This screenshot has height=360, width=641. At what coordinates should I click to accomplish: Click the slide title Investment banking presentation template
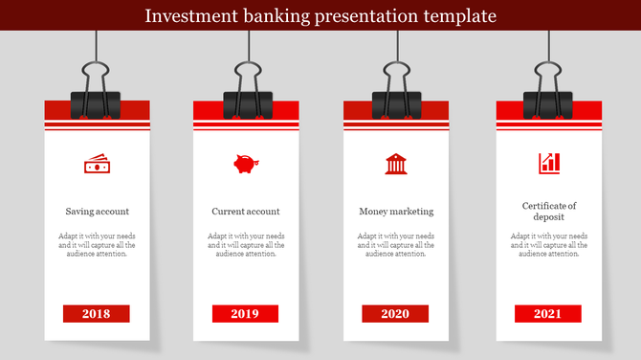[320, 16]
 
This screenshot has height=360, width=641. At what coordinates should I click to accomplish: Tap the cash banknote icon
[98, 165]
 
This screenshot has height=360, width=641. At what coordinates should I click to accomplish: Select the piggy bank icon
[246, 164]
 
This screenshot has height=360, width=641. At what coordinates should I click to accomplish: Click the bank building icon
[395, 164]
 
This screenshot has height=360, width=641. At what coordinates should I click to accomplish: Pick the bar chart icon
[549, 163]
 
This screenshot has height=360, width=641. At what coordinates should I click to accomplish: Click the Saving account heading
[98, 212]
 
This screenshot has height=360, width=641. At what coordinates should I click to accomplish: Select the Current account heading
[246, 212]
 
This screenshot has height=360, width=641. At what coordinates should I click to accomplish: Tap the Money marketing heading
[396, 212]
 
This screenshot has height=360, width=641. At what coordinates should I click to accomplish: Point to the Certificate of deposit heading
[549, 212]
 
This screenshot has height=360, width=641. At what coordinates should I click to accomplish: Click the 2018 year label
[97, 314]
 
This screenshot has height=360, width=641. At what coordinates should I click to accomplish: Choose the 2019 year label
[246, 314]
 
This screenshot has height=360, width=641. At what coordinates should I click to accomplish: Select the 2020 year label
[395, 314]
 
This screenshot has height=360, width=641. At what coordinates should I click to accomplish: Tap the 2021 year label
[548, 314]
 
